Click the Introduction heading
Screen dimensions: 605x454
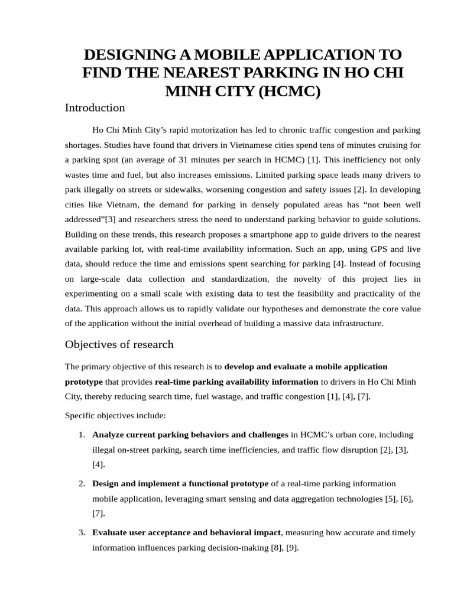pyautogui.click(x=95, y=108)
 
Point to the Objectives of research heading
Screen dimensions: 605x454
pyautogui.click(x=119, y=344)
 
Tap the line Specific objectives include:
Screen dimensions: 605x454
pyautogui.click(x=115, y=415)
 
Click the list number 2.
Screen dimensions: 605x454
pyautogui.click(x=82, y=484)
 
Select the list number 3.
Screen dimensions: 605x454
pyautogui.click(x=82, y=532)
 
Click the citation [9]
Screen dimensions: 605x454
pyautogui.click(x=291, y=548)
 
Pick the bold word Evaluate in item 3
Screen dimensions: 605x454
pyautogui.click(x=109, y=532)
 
